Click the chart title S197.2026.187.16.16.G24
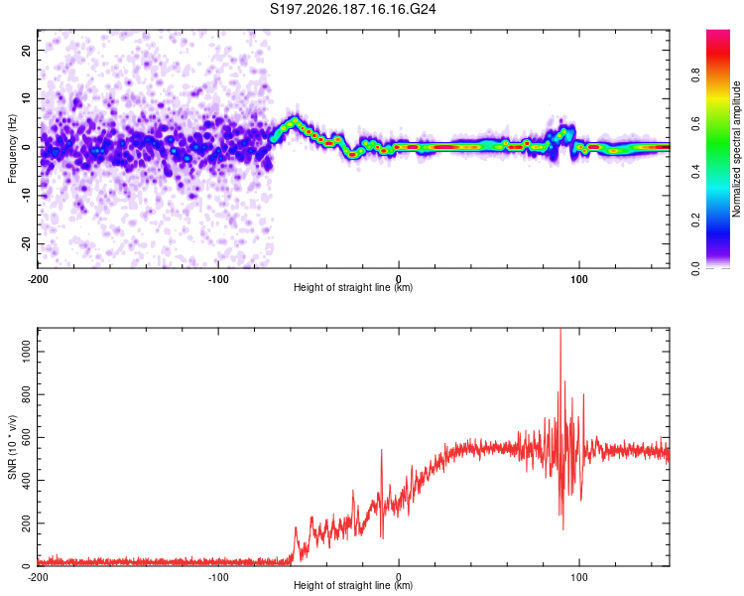tap(352, 9)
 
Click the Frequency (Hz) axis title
tap(12, 149)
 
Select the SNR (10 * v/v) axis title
tap(12, 447)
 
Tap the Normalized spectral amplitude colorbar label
tap(736, 149)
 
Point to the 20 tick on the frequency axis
tap(26, 50)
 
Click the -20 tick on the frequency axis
tap(26, 243)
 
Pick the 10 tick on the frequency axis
tap(26, 98)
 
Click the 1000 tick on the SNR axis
tap(26, 352)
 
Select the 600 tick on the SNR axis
tap(26, 437)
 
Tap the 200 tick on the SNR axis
tap(26, 523)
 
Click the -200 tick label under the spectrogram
tap(38, 279)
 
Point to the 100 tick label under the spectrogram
tap(579, 279)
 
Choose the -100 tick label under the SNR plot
tap(218, 578)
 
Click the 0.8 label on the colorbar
tap(695, 74)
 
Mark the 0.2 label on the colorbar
tap(695, 221)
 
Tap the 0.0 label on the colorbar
tap(695, 269)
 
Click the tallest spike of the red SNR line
tap(560, 330)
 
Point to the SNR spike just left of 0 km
tap(382, 450)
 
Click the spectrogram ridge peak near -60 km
tap(296, 119)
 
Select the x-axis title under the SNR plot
tap(353, 585)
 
